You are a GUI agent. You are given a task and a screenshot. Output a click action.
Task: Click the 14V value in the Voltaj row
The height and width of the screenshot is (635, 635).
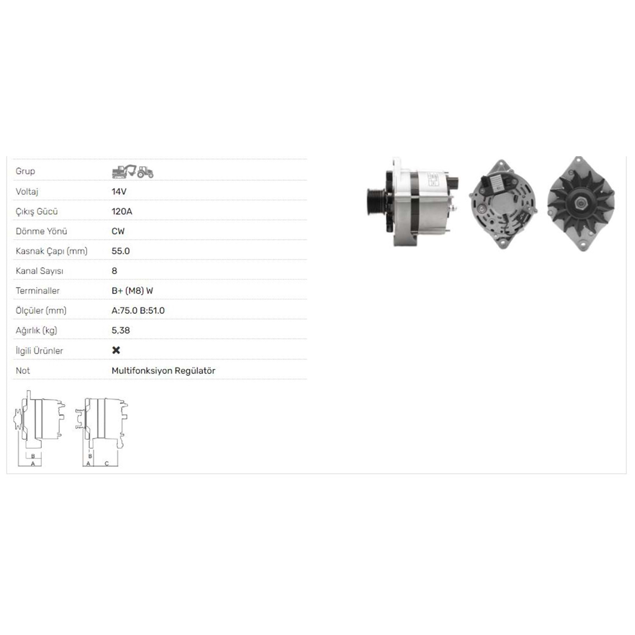tap(119, 191)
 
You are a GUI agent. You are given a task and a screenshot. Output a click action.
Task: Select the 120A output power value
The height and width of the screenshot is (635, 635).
tap(122, 211)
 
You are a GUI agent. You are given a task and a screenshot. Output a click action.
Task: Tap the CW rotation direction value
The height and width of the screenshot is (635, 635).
tap(118, 231)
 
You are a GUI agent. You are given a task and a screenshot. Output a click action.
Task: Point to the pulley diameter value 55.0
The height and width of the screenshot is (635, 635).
tap(121, 251)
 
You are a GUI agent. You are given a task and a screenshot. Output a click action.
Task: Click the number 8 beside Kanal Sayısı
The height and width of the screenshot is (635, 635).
tap(114, 271)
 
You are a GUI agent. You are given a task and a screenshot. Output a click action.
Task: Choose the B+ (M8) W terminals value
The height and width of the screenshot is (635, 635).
tap(132, 291)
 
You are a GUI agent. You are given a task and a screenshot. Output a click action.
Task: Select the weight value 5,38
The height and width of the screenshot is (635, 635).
tap(121, 330)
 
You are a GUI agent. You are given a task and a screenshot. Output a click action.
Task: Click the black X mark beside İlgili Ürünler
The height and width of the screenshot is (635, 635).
tap(116, 350)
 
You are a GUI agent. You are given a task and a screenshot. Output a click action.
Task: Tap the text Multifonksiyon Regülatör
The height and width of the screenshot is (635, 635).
tap(163, 370)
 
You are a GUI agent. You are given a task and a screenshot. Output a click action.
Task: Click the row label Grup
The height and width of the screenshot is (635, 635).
tap(25, 171)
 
